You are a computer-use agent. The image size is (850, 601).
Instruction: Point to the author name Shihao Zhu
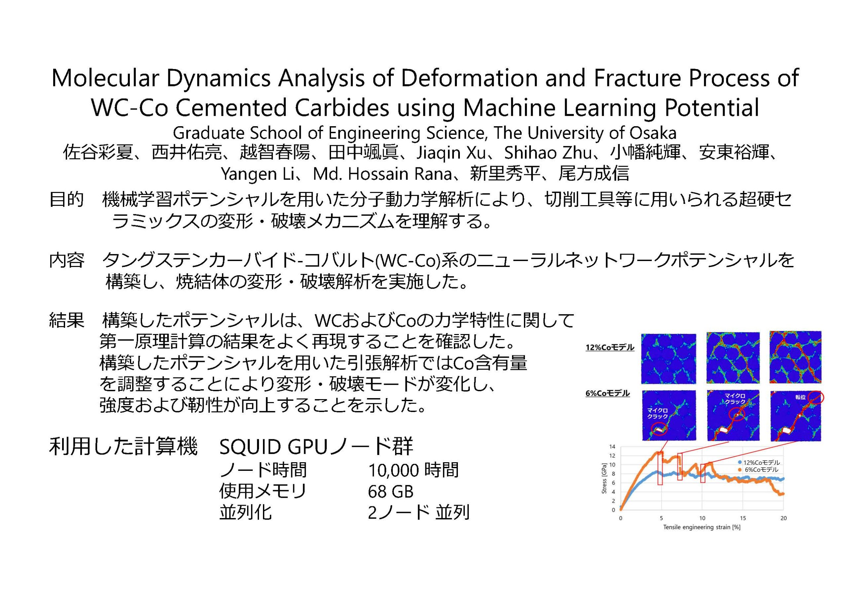pyautogui.click(x=548, y=152)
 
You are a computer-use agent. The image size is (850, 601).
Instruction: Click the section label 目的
pyautogui.click(x=66, y=200)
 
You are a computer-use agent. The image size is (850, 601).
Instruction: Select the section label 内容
pyautogui.click(x=66, y=260)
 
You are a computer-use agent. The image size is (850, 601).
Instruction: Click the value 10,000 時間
pyautogui.click(x=413, y=470)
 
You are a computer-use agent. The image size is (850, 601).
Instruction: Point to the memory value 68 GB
pyautogui.click(x=390, y=492)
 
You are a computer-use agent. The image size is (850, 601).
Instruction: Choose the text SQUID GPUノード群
pyautogui.click(x=316, y=447)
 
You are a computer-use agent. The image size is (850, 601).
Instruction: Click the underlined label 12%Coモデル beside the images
pyautogui.click(x=610, y=348)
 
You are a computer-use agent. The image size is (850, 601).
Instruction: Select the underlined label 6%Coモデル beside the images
pyautogui.click(x=608, y=393)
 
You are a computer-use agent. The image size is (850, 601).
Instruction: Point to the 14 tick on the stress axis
pyautogui.click(x=612, y=447)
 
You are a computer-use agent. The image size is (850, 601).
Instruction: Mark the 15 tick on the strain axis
pyautogui.click(x=743, y=518)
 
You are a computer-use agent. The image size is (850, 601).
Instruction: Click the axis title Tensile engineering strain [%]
pyautogui.click(x=702, y=527)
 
